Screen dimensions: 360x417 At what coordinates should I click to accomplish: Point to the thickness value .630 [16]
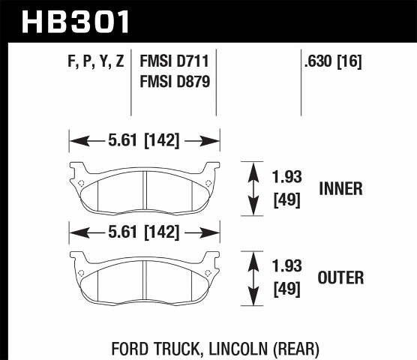333,63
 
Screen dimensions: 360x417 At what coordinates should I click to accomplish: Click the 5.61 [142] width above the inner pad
144,139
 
